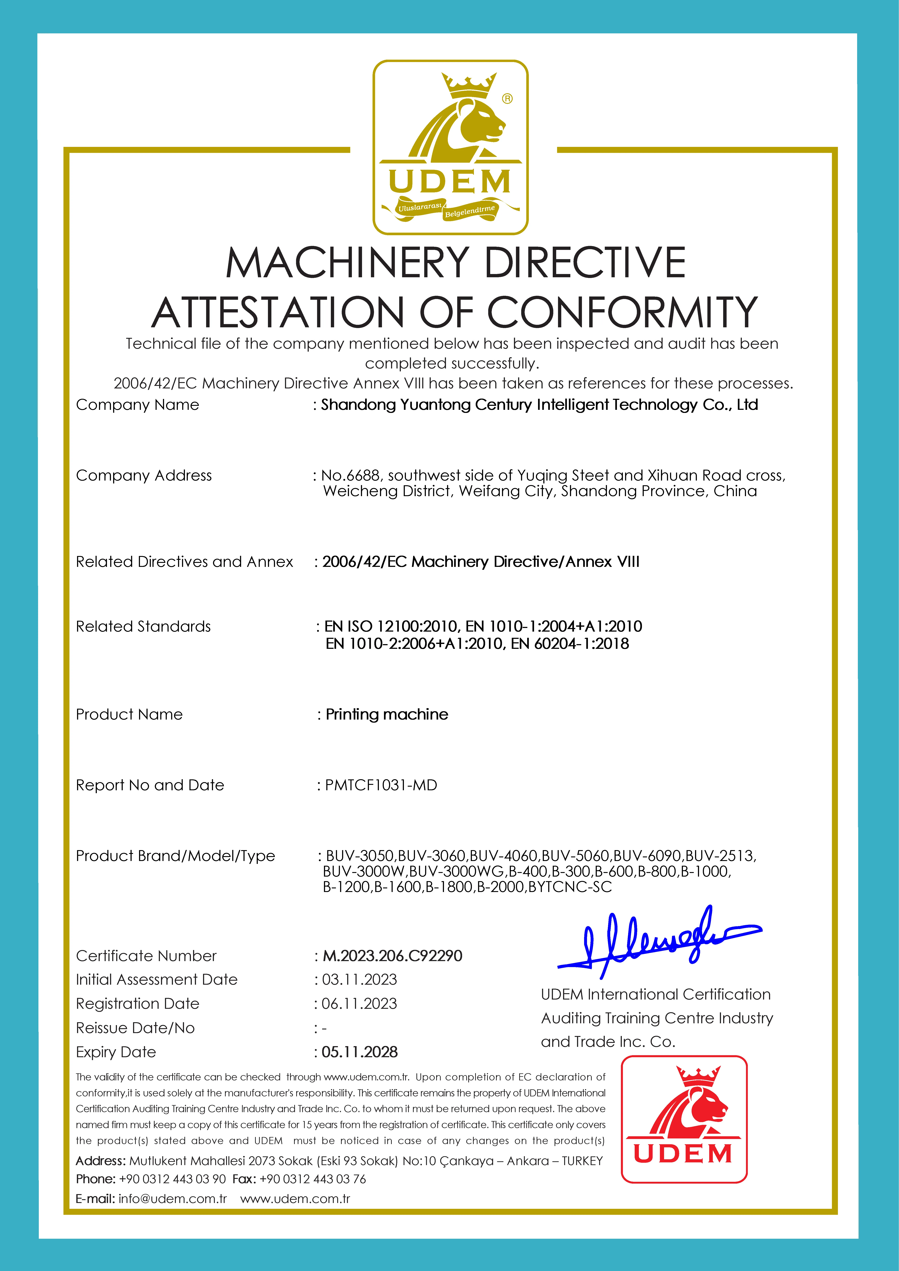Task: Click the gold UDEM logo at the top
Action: [x=450, y=147]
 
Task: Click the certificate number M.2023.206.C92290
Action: [x=392, y=956]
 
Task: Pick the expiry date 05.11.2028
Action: [x=360, y=1052]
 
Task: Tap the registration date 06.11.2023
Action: [x=360, y=1004]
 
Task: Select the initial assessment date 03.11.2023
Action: [x=360, y=980]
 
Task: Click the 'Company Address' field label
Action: [x=144, y=475]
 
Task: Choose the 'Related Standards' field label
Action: [x=143, y=627]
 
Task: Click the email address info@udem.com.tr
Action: [x=173, y=1199]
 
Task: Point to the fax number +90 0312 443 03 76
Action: [x=313, y=1179]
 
